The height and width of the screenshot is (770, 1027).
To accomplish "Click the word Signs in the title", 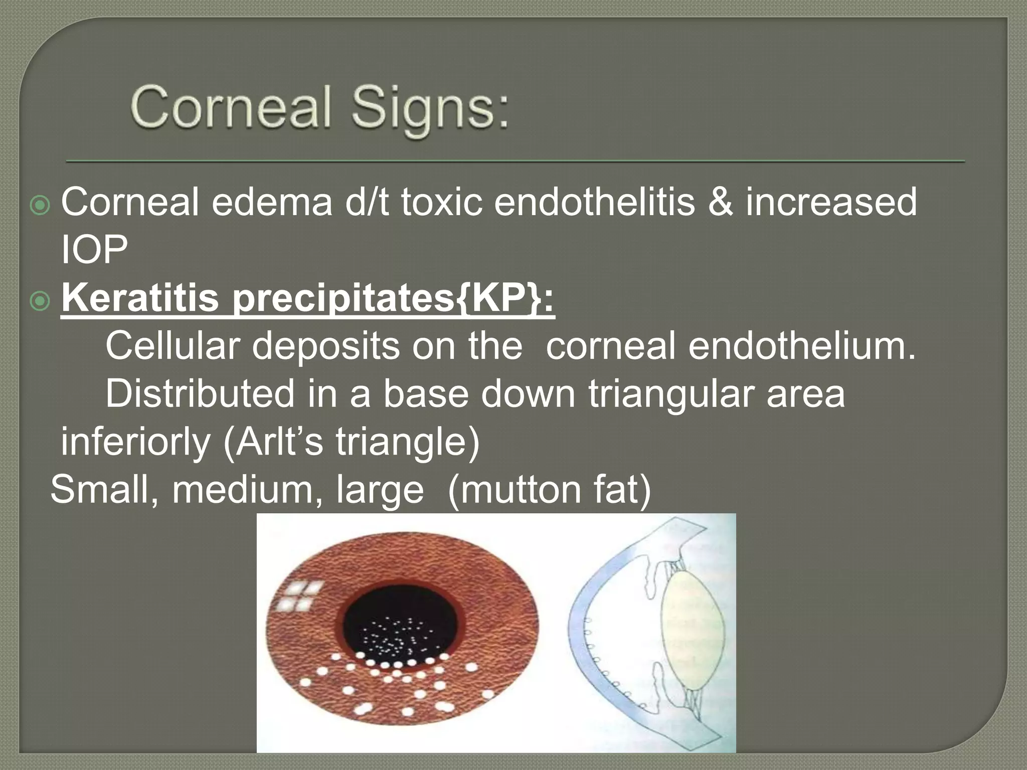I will pos(430,108).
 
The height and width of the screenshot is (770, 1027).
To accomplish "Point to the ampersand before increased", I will pos(720,203).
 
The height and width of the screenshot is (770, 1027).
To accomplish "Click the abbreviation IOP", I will pos(94,249).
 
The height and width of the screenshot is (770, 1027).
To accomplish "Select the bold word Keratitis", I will pos(140,298).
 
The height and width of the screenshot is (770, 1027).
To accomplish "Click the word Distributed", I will pos(200,394).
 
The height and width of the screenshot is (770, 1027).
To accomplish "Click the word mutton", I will pos(520,489).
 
